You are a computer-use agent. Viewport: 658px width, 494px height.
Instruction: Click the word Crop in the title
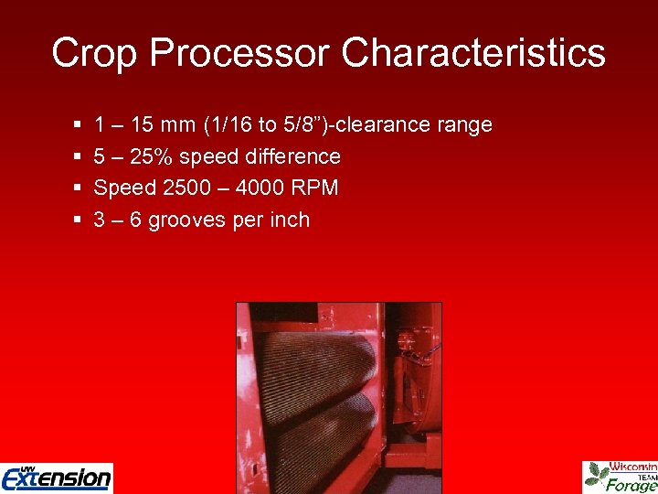tap(94, 53)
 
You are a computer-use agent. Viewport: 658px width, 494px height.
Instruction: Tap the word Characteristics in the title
tap(473, 53)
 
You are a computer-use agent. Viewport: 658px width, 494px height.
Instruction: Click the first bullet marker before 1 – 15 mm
tap(75, 125)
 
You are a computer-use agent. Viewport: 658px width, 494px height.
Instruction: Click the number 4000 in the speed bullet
tap(261, 188)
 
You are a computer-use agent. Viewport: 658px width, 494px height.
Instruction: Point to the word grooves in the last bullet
tap(186, 220)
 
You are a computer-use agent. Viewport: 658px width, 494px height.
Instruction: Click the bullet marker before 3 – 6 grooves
tap(75, 220)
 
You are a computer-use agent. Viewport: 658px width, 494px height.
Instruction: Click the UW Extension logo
tap(57, 477)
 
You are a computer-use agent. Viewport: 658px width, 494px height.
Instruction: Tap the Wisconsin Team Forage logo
tap(621, 476)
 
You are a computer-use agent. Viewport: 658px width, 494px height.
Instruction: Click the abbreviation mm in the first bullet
tap(173, 124)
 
